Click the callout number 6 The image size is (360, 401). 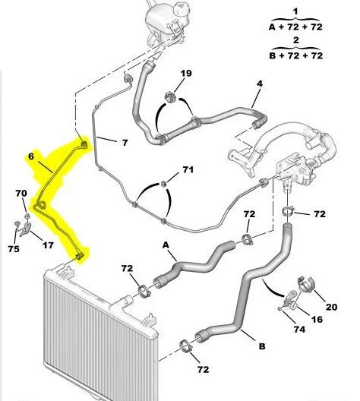[31, 156]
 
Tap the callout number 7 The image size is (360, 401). [125, 143]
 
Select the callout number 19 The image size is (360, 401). [186, 74]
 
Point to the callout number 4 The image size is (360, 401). [260, 84]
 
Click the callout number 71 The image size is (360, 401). [188, 169]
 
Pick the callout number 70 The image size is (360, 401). [21, 193]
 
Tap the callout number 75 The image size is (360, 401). [14, 249]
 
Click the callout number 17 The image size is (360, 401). [48, 245]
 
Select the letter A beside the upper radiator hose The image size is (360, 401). [166, 245]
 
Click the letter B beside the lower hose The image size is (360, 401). [262, 346]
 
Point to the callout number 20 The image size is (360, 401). [331, 307]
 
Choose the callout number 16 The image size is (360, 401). [317, 319]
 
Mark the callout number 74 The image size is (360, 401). [299, 330]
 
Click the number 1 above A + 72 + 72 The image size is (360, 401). [295, 11]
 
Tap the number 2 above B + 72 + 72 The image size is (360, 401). [296, 40]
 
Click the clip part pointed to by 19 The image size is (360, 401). [171, 97]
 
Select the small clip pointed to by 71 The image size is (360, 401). [163, 183]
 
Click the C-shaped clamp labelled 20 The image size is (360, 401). [305, 284]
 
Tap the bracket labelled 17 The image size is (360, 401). [25, 229]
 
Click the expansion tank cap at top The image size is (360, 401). [181, 10]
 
